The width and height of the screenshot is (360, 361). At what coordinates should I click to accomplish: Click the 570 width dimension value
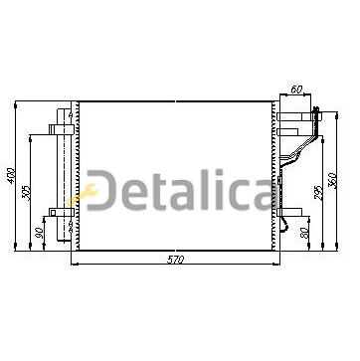[x=175, y=260]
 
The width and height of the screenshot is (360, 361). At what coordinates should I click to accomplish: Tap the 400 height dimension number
[x=11, y=176]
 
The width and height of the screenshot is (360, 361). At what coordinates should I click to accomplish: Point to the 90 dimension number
[x=39, y=233]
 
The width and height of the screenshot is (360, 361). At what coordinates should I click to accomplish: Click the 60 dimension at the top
[x=296, y=90]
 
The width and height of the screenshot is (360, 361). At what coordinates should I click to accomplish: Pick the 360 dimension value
[x=332, y=180]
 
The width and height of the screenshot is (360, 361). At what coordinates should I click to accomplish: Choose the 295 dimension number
[x=318, y=193]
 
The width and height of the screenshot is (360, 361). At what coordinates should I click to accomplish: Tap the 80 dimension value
[x=304, y=233]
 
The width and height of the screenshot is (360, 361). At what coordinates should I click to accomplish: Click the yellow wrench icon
[x=83, y=196]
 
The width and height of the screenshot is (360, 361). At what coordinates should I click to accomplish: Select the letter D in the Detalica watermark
[x=101, y=190]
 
